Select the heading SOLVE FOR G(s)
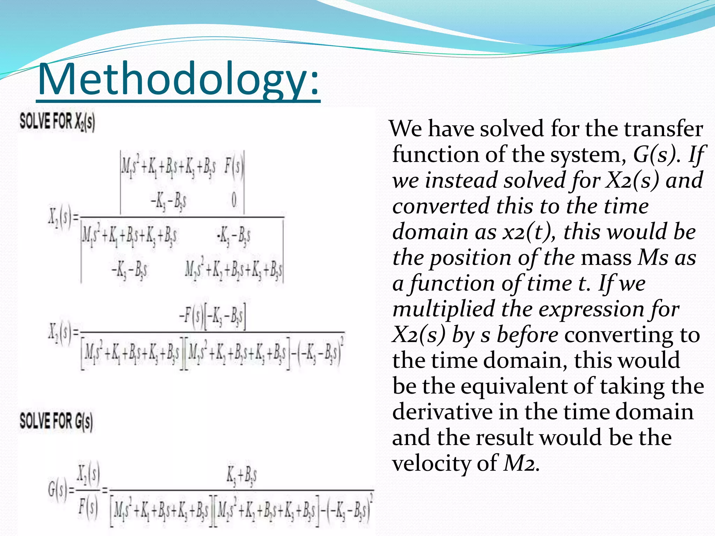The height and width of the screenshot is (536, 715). point(56,421)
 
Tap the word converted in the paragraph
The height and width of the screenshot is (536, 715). point(441,206)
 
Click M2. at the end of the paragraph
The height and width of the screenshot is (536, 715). point(522,464)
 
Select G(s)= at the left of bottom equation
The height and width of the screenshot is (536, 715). point(61,490)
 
